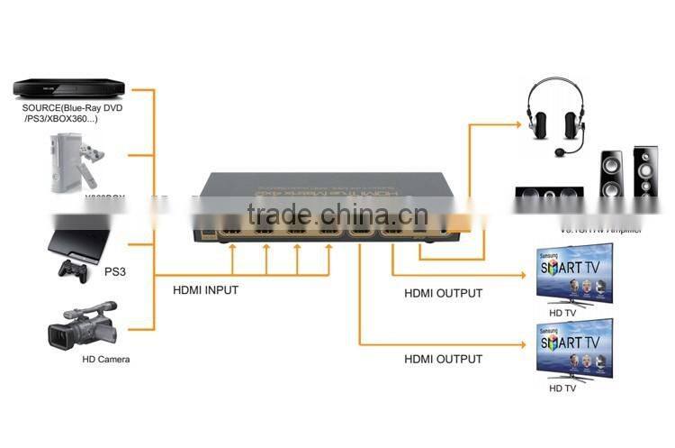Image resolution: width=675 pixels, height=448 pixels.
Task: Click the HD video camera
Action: click(x=82, y=326)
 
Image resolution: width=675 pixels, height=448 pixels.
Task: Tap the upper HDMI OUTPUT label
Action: click(x=443, y=293)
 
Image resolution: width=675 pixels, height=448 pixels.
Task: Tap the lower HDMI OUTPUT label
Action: click(x=443, y=359)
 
